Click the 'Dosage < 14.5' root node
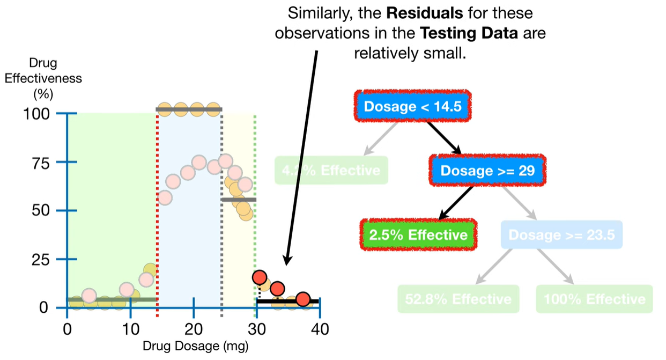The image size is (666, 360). pyautogui.click(x=412, y=106)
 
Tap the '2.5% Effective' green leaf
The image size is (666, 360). pyautogui.click(x=417, y=234)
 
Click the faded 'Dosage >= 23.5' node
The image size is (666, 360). pyautogui.click(x=561, y=234)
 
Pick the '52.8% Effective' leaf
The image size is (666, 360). pyautogui.click(x=458, y=298)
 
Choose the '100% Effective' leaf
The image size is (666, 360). pyautogui.click(x=594, y=298)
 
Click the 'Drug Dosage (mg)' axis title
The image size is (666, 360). pyautogui.click(x=195, y=346)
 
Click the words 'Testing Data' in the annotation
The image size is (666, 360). pyautogui.click(x=469, y=33)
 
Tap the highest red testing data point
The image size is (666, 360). pyautogui.click(x=260, y=277)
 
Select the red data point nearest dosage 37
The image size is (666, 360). pyautogui.click(x=303, y=299)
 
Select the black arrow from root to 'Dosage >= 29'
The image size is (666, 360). pyautogui.click(x=443, y=138)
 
